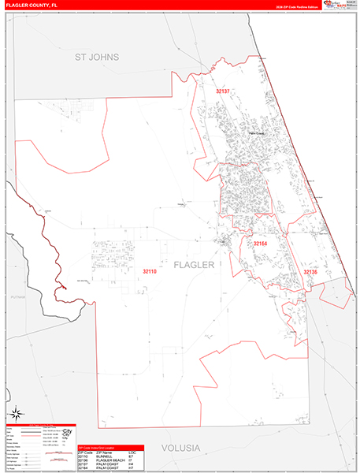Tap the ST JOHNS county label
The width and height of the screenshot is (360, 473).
point(96,58)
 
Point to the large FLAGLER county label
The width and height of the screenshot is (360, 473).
point(194,265)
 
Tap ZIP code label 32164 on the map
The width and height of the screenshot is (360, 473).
point(261,244)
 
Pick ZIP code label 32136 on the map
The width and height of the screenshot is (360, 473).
point(311,272)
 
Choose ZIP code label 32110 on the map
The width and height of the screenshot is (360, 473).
point(150,272)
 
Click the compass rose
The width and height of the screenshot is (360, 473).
point(16,413)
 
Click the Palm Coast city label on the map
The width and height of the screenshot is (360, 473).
point(254,133)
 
